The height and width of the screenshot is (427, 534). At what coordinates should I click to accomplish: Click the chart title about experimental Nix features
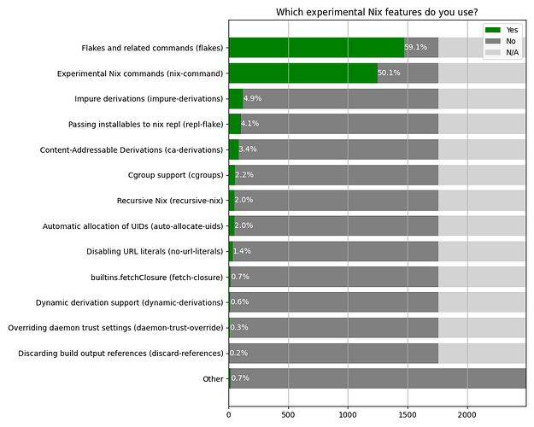(376, 12)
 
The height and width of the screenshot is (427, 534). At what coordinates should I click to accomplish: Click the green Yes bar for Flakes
(316, 48)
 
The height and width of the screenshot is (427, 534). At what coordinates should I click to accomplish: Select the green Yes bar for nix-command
(303, 73)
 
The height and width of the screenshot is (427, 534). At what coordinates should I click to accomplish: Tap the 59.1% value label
(416, 48)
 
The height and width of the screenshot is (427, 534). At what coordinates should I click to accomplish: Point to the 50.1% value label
(390, 73)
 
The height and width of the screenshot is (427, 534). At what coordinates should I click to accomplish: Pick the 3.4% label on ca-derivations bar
(248, 149)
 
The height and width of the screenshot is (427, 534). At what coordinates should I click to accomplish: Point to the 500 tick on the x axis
(288, 414)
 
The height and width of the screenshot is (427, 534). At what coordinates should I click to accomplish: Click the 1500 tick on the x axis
(408, 414)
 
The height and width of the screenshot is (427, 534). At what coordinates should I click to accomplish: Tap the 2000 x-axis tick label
(467, 414)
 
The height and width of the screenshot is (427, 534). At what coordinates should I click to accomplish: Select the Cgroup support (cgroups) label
(175, 175)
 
